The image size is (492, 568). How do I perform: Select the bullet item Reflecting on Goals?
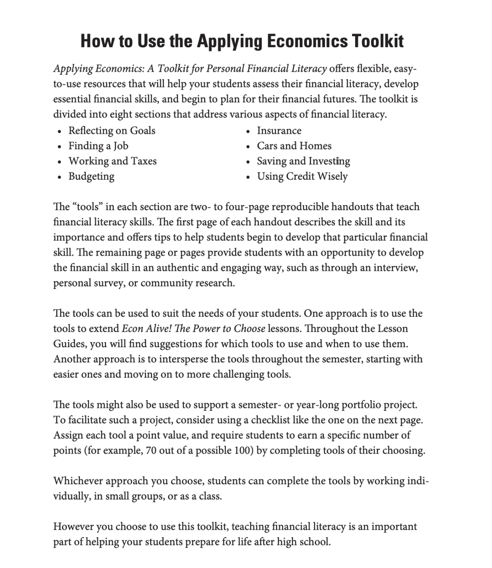point(112,131)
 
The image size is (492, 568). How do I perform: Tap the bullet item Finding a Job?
point(98,146)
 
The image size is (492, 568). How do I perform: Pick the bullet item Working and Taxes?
point(112,161)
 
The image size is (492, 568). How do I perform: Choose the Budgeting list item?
point(91,176)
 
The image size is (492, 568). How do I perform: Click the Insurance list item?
point(279,131)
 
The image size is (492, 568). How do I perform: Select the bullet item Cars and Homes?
point(294,146)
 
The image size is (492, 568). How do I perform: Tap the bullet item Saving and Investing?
point(303,161)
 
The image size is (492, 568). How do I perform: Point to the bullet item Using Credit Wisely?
point(302,176)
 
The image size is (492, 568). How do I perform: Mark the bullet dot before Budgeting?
point(60,177)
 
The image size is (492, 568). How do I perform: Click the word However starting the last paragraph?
point(73,527)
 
